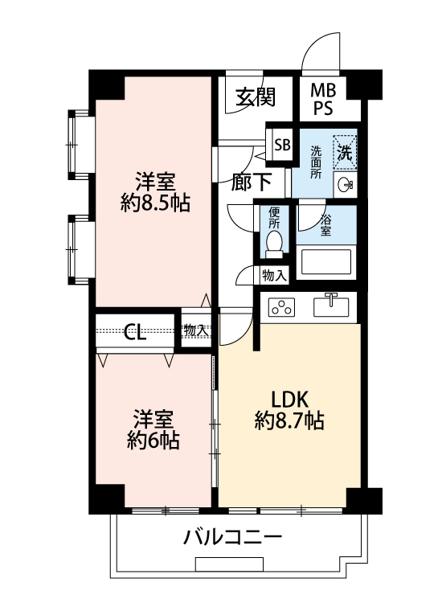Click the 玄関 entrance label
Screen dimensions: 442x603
pyautogui.click(x=256, y=97)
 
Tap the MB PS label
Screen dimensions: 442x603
pyautogui.click(x=323, y=99)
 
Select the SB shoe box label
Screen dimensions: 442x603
pyautogui.click(x=282, y=145)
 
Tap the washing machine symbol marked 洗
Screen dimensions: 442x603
pyautogui.click(x=345, y=151)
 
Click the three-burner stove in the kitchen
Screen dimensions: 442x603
pyautogui.click(x=282, y=308)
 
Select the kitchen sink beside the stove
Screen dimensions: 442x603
pyautogui.click(x=331, y=306)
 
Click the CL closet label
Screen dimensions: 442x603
pyautogui.click(x=135, y=331)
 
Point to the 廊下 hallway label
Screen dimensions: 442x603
pyautogui.click(x=252, y=182)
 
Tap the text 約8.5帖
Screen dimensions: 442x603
pyautogui.click(x=155, y=203)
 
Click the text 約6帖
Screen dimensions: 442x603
pyautogui.click(x=153, y=441)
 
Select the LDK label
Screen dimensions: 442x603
pyautogui.click(x=290, y=400)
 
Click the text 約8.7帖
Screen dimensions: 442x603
pyautogui.click(x=289, y=420)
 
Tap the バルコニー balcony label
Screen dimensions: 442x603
pyautogui.click(x=232, y=537)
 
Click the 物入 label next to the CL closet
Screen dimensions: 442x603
pyautogui.click(x=196, y=330)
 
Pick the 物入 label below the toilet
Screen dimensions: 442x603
pyautogui.click(x=274, y=275)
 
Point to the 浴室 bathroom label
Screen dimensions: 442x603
pyautogui.click(x=326, y=225)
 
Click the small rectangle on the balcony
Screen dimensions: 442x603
pyautogui.click(x=230, y=564)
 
